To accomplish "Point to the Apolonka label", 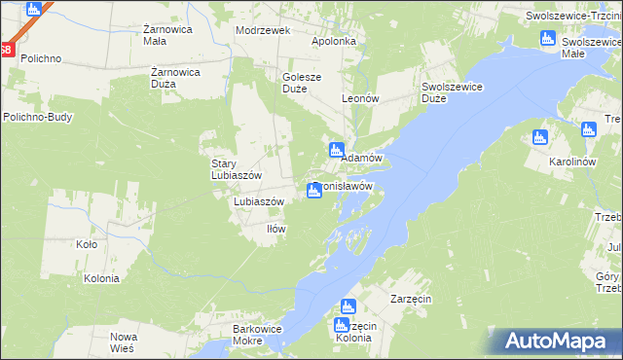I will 334,42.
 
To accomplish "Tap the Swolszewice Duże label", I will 453,92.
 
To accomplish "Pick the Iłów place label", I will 276,229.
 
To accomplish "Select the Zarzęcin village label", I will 411,298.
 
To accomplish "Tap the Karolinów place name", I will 571,161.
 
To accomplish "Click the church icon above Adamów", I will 336,150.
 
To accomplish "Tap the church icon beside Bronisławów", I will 313,191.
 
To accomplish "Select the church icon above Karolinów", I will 540,137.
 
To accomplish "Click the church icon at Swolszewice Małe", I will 547,39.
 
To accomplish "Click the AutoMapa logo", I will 558,341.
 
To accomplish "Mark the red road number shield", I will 6,51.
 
